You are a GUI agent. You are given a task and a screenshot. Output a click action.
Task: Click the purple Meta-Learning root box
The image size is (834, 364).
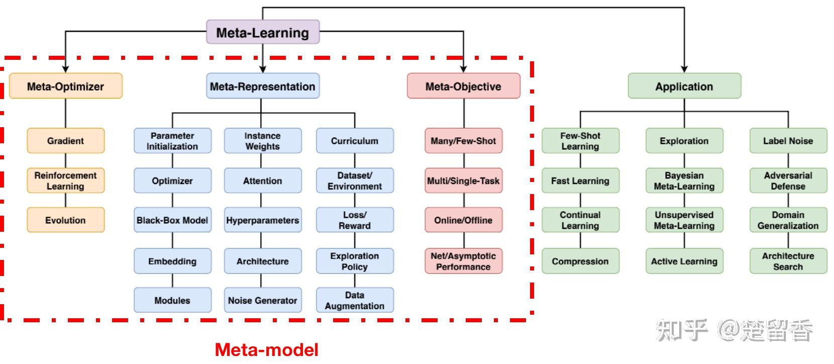point(263,32)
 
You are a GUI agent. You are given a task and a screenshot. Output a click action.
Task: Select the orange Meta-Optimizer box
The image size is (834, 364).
point(65,86)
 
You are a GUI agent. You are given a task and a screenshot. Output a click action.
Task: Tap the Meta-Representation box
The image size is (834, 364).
point(262,86)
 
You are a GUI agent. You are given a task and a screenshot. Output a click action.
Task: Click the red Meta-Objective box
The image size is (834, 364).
point(463,86)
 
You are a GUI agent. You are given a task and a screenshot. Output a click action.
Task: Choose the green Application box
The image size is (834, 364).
point(684,86)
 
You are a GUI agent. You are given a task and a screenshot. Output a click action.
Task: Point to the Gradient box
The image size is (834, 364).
point(65,141)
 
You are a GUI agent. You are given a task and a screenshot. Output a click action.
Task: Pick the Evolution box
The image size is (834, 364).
point(65,220)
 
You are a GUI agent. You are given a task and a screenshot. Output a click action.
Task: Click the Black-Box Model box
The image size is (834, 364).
point(172,220)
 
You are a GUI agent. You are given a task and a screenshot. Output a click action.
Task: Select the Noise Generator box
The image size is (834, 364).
point(262,300)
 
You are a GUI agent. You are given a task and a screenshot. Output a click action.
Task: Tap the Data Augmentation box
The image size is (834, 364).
point(355,300)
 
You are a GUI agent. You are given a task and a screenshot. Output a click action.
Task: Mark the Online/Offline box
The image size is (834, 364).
point(463,220)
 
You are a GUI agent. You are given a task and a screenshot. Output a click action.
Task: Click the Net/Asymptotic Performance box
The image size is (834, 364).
point(463,261)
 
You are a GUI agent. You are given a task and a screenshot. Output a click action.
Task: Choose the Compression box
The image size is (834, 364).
point(580,261)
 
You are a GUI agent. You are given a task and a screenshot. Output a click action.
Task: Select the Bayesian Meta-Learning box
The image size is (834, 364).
point(684,180)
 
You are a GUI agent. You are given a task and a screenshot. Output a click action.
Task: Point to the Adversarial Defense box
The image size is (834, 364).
point(788,180)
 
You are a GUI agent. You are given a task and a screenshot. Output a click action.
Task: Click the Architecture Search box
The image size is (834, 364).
point(788,261)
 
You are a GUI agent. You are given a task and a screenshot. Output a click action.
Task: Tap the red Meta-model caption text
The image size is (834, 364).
point(266,350)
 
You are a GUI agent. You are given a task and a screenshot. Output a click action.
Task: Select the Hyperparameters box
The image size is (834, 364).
point(262,220)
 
